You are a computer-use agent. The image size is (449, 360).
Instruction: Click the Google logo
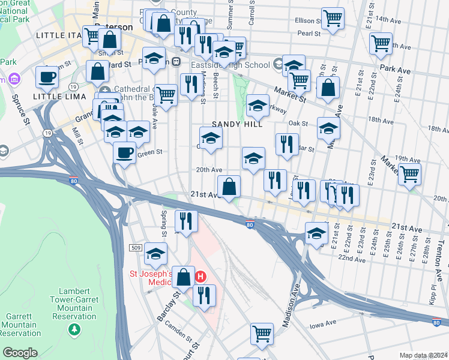coord(20,353)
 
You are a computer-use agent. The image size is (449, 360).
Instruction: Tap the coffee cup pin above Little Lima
coord(47,77)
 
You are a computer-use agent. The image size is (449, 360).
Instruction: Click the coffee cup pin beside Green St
coord(124,152)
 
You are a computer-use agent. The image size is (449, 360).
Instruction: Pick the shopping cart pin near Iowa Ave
coord(262,334)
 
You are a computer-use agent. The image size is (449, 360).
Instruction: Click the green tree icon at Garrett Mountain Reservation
coord(74,329)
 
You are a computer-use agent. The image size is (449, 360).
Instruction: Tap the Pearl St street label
coord(307,34)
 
